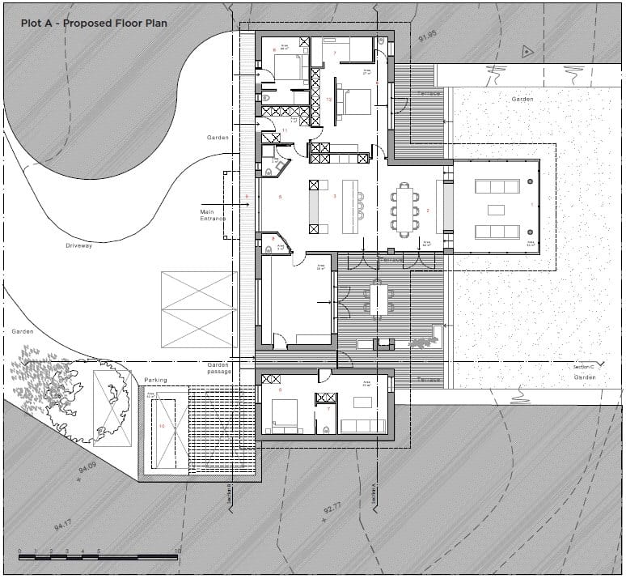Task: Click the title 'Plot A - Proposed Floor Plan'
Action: pos(94,23)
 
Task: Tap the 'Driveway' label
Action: pos(79,245)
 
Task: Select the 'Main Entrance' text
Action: pos(212,215)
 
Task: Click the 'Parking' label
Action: pos(155,380)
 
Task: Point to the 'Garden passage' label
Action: pos(218,368)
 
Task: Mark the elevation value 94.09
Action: pos(87,468)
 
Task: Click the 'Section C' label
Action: pos(583,367)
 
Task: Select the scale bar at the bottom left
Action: pos(97,557)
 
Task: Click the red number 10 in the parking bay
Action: pos(162,425)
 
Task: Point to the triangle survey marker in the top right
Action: pos(527,52)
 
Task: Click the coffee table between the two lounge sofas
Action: pos(495,210)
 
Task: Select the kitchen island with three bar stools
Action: pos(349,204)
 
